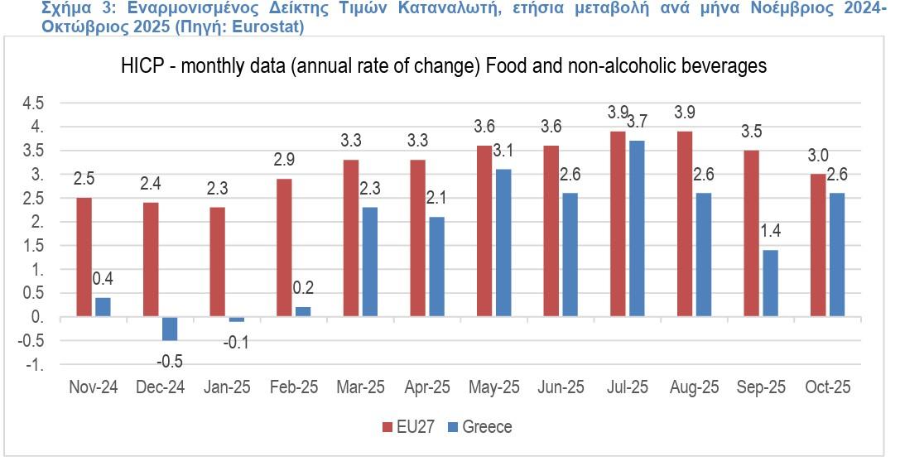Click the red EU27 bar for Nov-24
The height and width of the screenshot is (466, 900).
(84, 257)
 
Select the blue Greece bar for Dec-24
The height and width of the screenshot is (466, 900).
(169, 329)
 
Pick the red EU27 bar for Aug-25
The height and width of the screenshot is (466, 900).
(685, 224)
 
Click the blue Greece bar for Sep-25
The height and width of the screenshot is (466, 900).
(769, 284)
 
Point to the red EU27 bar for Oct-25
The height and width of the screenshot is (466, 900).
(818, 246)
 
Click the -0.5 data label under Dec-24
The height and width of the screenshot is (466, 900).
(170, 361)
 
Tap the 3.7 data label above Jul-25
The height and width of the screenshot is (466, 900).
(636, 122)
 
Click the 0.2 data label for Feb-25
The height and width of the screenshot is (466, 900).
(303, 288)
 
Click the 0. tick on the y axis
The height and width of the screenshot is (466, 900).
(37, 318)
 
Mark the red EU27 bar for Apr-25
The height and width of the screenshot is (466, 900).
(418, 238)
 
